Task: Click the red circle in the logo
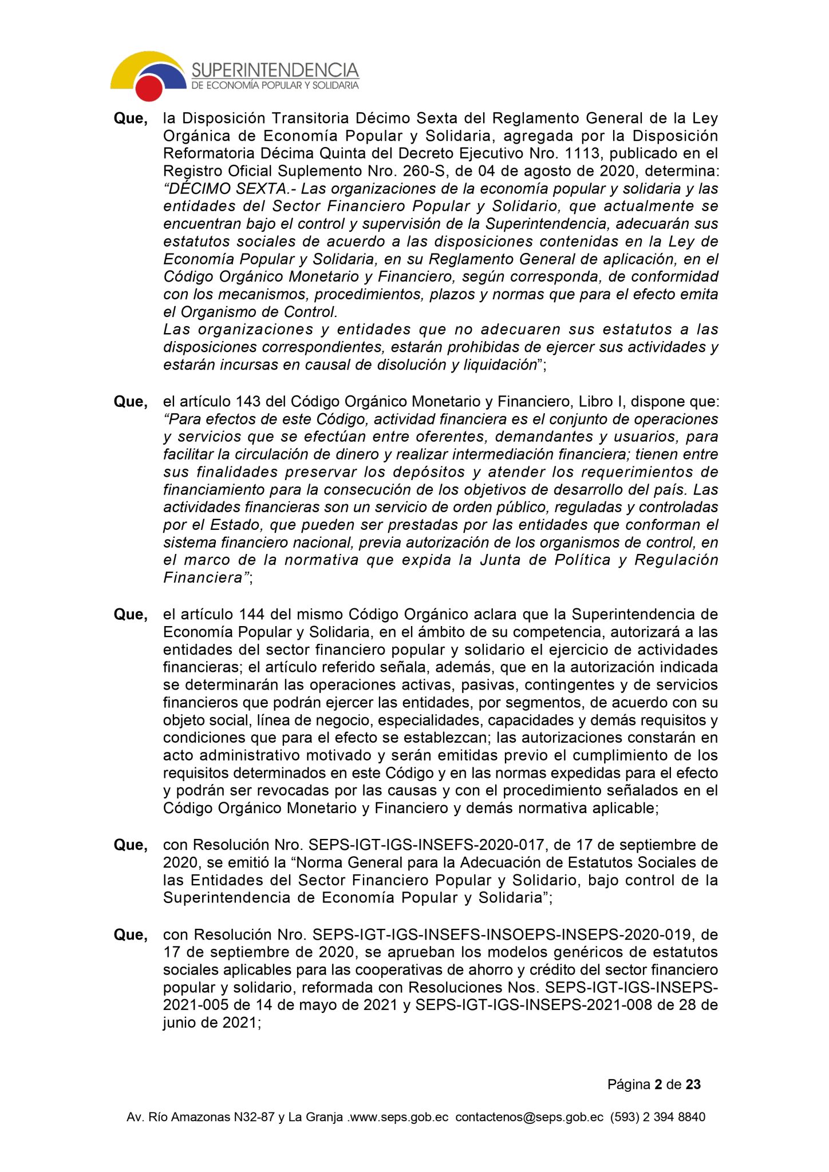(149, 89)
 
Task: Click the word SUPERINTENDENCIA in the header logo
(275, 70)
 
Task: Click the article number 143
(248, 402)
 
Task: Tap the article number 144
(248, 615)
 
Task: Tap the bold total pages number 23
(693, 1084)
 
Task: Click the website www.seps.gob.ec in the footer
(399, 1117)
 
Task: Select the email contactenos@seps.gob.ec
(529, 1117)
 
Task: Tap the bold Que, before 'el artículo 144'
(131, 615)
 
